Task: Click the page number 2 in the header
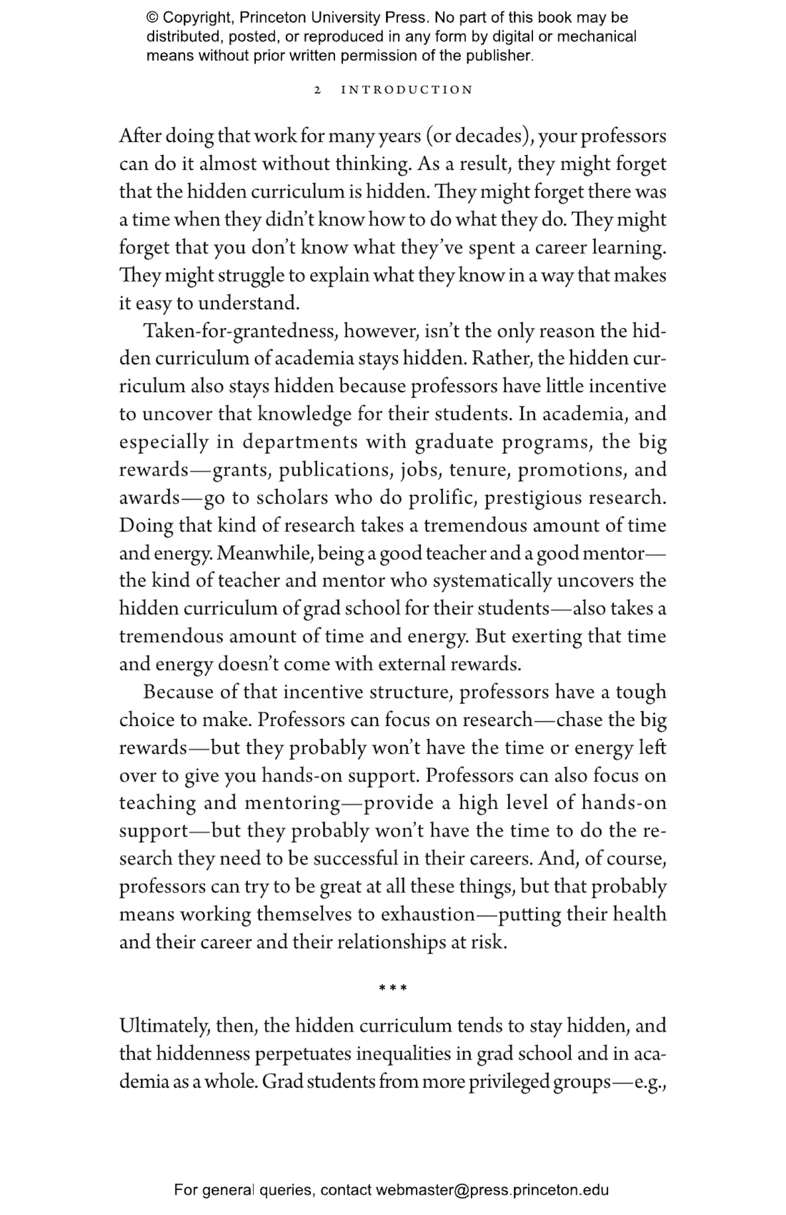tap(317, 90)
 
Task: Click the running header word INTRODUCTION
tap(407, 90)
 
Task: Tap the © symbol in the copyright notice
tap(152, 18)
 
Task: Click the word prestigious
tap(532, 498)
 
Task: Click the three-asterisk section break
tap(393, 989)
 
